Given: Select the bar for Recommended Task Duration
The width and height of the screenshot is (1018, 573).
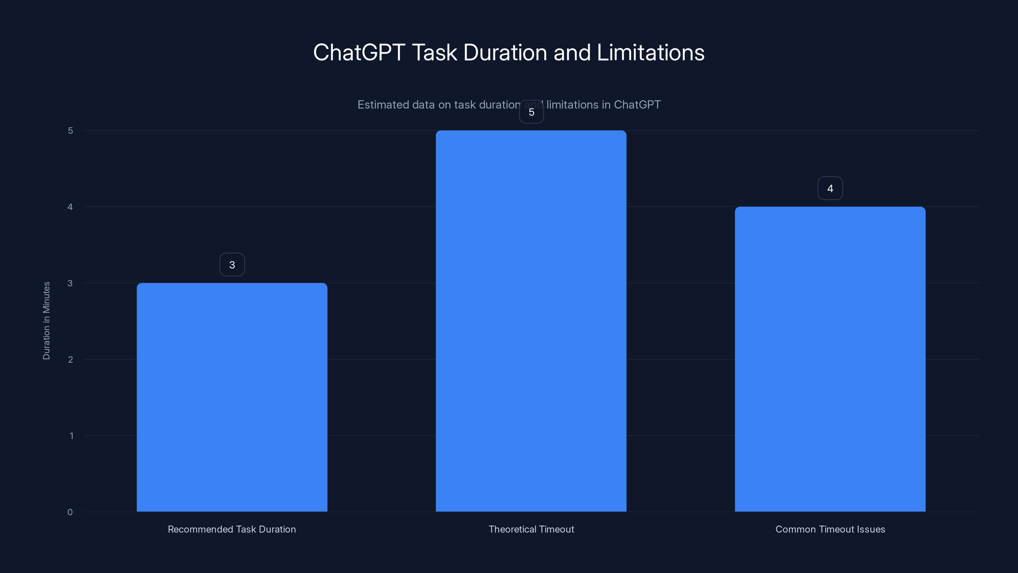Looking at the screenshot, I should [x=232, y=397].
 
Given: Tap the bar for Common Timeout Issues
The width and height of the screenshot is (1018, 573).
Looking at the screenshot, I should [x=830, y=359].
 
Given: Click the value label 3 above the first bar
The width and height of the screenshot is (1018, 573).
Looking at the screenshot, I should [x=232, y=265].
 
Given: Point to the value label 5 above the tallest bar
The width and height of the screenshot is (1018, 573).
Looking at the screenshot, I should [x=531, y=112].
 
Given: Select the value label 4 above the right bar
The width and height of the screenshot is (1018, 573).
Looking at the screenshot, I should [x=830, y=188].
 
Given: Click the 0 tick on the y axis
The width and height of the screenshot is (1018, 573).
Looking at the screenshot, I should [x=70, y=512].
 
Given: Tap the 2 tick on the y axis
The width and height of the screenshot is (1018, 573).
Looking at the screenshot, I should [x=70, y=359].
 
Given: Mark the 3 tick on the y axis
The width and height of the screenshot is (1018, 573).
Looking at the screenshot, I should [x=70, y=283].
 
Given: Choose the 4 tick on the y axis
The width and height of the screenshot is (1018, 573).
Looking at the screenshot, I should [x=70, y=207].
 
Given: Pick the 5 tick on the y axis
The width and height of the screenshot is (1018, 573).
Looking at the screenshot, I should [x=70, y=131].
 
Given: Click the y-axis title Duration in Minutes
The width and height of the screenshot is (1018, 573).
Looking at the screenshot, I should [x=46, y=321].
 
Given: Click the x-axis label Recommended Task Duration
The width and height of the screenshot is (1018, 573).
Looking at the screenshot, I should [x=232, y=529].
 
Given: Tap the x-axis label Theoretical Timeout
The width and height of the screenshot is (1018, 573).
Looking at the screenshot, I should [x=531, y=529].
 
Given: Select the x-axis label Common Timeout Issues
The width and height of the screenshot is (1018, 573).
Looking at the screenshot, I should [x=830, y=529].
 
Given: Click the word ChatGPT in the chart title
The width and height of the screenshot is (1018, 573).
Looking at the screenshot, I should [x=359, y=53].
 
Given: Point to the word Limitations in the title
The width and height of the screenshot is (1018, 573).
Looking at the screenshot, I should [x=651, y=53].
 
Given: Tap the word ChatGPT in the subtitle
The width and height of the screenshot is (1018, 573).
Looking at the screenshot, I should [x=637, y=105].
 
